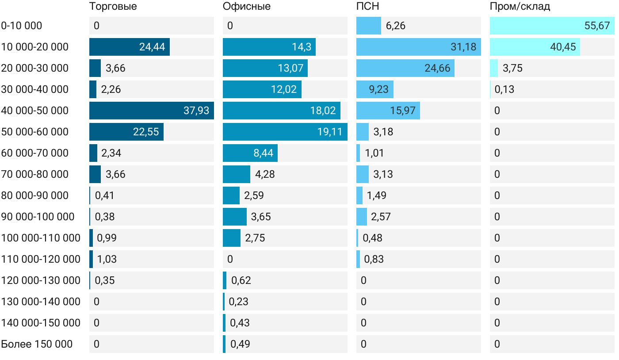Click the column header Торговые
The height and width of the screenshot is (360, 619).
(x=113, y=7)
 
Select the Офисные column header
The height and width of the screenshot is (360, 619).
(x=246, y=7)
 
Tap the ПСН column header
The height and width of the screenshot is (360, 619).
(x=367, y=7)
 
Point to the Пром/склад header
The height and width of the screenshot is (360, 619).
(x=520, y=7)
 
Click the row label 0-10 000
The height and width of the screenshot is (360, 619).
(x=22, y=26)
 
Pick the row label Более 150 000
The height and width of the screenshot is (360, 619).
(x=37, y=344)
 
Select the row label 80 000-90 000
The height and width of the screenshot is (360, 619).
(x=35, y=195)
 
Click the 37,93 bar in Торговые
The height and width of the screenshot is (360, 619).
(x=151, y=111)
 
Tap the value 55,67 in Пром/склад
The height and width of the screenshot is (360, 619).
(x=597, y=26)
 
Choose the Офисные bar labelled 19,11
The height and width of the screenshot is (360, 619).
(x=285, y=132)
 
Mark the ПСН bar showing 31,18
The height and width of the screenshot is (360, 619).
(x=418, y=47)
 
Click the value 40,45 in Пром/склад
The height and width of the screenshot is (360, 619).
(x=563, y=47)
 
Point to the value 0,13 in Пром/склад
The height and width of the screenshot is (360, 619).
(x=504, y=89)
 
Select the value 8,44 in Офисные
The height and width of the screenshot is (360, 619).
(x=263, y=153)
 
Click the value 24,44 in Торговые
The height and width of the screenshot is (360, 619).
(x=152, y=47)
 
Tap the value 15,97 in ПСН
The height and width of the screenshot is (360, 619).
(x=402, y=111)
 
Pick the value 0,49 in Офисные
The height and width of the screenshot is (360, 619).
(x=240, y=344)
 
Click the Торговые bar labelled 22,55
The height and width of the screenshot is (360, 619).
(x=126, y=132)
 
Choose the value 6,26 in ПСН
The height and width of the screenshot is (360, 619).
(x=395, y=26)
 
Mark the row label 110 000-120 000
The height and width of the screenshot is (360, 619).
(x=41, y=259)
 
